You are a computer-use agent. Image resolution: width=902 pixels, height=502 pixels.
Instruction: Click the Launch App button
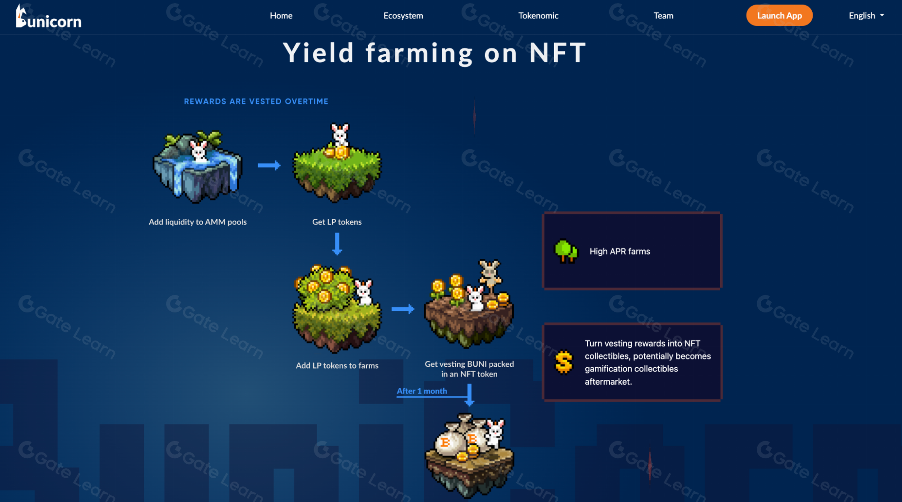[779, 15]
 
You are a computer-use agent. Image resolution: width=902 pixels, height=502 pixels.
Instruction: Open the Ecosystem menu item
[403, 15]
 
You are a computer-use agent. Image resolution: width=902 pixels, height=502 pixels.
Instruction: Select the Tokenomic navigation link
[538, 15]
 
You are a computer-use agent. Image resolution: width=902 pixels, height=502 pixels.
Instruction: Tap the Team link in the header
[663, 15]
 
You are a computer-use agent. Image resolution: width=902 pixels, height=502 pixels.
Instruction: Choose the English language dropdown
[866, 15]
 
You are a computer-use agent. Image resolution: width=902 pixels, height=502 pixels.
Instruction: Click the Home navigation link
[281, 15]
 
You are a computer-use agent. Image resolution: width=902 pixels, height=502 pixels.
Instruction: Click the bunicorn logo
[49, 17]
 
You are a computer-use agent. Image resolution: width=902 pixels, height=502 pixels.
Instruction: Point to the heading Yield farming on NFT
[434, 53]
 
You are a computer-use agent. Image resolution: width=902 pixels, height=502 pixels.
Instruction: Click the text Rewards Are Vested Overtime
[256, 101]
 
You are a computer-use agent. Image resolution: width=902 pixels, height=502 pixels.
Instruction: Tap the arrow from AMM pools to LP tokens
[269, 166]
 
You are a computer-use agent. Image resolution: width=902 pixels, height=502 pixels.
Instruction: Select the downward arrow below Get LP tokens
[337, 244]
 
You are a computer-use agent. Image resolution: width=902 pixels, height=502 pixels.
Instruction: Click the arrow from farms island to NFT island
[403, 309]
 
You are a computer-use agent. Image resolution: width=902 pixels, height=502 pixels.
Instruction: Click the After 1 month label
[422, 391]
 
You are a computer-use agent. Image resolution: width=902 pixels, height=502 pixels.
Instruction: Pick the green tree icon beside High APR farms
[566, 251]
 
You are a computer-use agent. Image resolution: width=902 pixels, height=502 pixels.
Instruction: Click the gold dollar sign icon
[564, 362]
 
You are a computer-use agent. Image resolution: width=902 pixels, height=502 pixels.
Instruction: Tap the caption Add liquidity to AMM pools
[198, 222]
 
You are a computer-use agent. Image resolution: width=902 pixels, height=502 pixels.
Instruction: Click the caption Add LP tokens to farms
[337, 365]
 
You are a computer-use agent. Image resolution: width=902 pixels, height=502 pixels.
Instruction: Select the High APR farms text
[620, 251]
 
